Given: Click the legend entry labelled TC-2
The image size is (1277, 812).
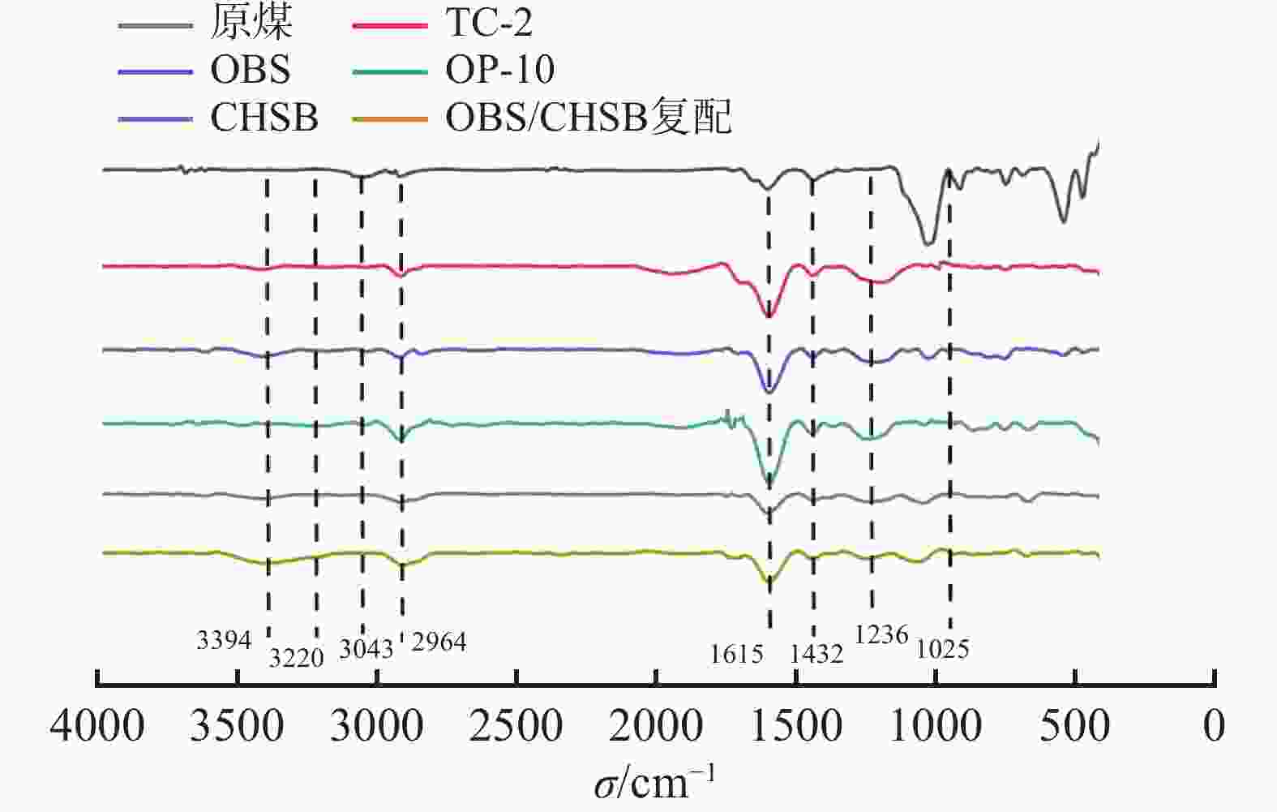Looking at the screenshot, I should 488,23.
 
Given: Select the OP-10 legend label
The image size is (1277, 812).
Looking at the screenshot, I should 499,70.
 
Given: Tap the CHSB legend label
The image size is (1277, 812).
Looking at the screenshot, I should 264,118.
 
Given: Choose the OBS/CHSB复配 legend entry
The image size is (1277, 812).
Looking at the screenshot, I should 588,118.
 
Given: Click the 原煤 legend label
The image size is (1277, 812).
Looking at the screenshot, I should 251,23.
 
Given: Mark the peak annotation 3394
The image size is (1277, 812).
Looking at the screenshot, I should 224,640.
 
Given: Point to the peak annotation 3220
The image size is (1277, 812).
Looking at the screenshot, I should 296,657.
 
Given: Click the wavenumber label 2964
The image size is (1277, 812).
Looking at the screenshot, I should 439,642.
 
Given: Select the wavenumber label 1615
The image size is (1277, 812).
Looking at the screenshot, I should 736,654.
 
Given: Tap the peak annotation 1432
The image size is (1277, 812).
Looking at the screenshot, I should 816,654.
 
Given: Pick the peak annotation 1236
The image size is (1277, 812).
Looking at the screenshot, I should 881,634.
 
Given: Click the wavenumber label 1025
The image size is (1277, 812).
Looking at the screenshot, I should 943,649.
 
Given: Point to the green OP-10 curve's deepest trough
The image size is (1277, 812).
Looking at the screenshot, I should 769,484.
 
